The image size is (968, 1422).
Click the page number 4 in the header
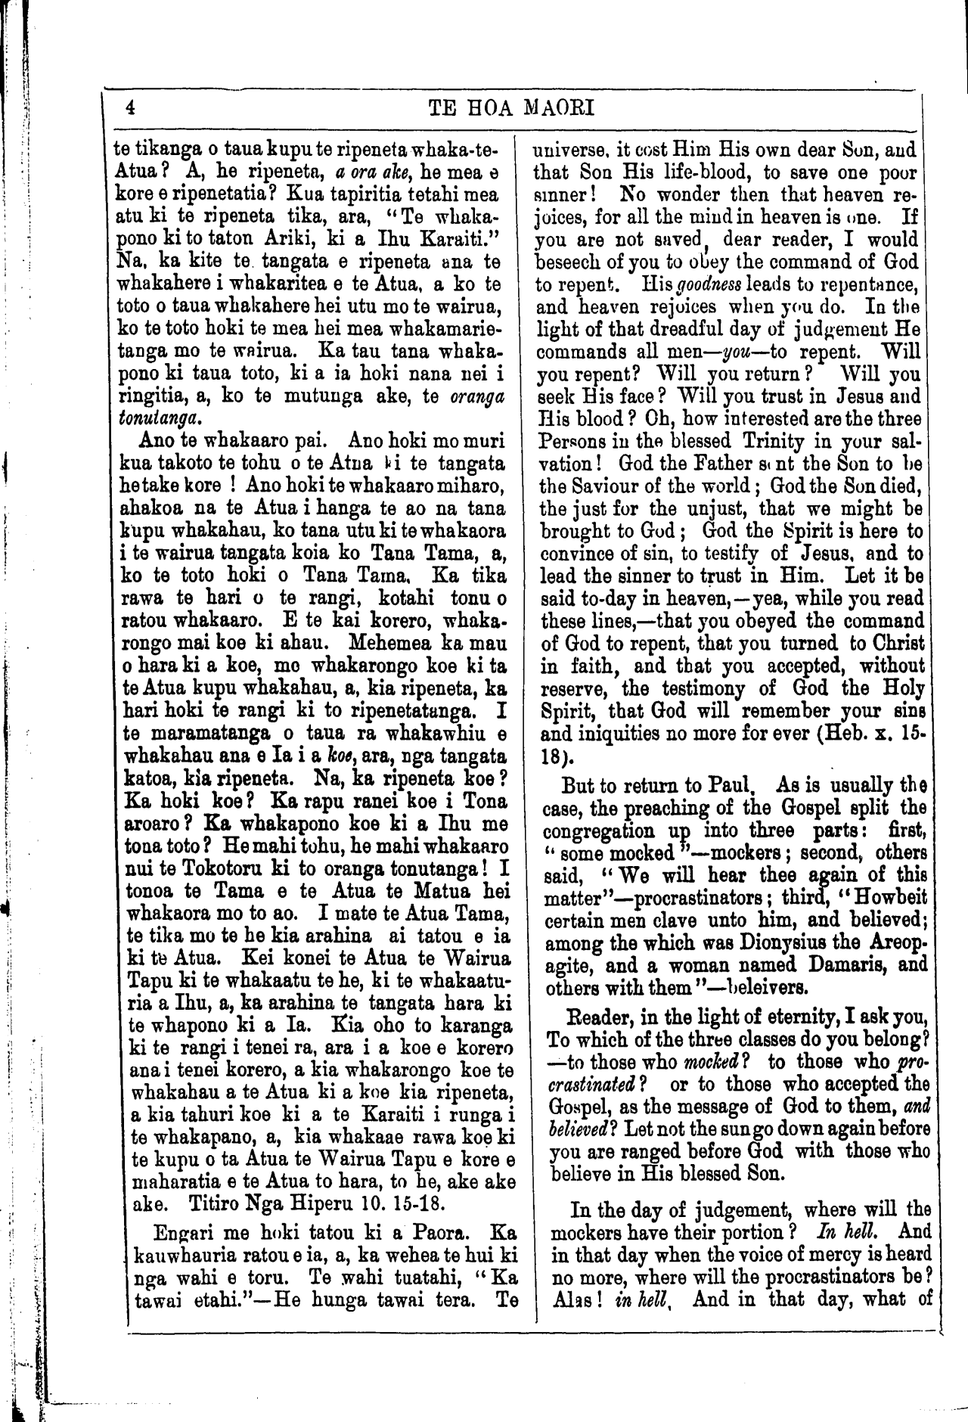[130, 107]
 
